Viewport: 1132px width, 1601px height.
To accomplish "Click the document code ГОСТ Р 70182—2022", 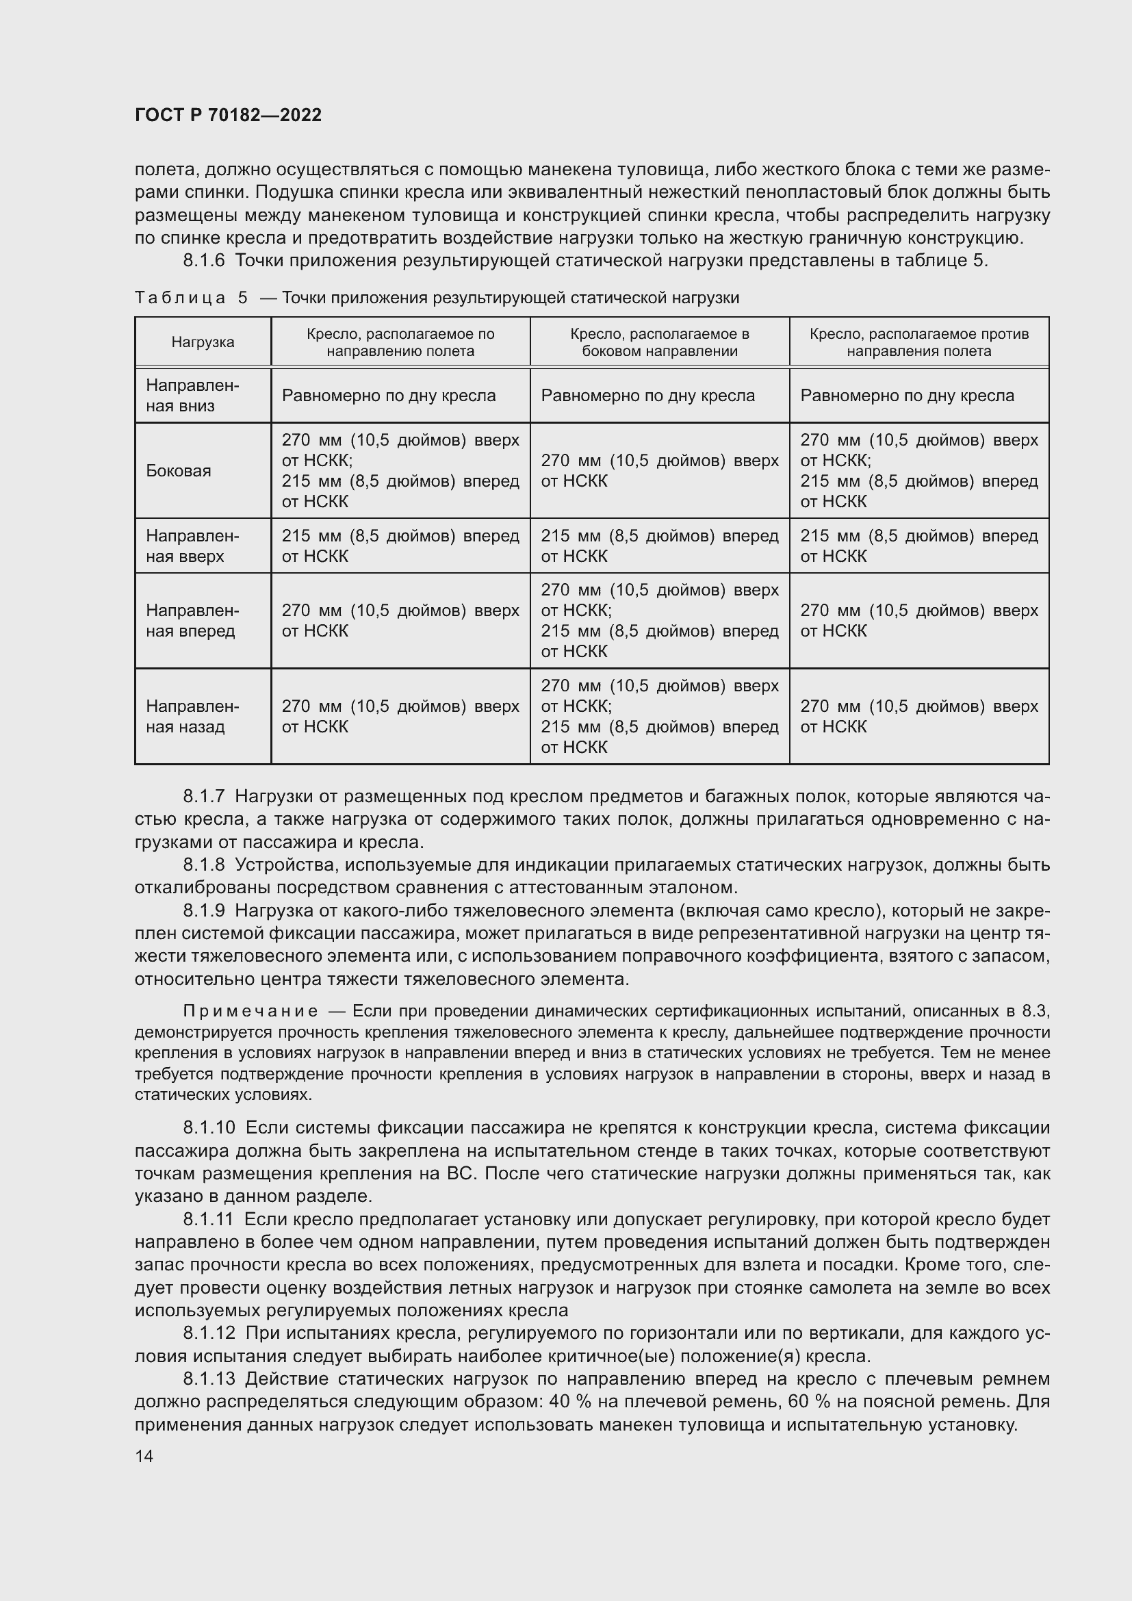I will click(x=228, y=116).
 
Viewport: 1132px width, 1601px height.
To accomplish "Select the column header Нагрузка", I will click(x=203, y=342).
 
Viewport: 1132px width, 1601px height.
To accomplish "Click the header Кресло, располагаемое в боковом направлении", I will click(x=659, y=342).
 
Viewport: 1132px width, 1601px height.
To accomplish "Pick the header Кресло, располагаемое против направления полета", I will click(x=918, y=342).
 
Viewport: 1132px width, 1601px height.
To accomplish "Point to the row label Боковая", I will click(x=179, y=471).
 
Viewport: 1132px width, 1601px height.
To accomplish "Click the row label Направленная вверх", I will click(x=192, y=546).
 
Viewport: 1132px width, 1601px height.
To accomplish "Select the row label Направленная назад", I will click(x=192, y=716).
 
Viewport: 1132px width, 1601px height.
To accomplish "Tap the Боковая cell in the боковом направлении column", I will click(x=659, y=471).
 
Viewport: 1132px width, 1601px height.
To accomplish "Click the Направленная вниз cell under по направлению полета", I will click(x=388, y=396).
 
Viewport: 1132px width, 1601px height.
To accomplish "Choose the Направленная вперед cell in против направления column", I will click(x=918, y=621).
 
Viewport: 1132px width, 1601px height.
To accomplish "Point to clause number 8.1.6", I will click(x=204, y=261).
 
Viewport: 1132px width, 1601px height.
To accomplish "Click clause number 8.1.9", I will click(x=204, y=910).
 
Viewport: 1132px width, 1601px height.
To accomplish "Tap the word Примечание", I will click(x=251, y=1012).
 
